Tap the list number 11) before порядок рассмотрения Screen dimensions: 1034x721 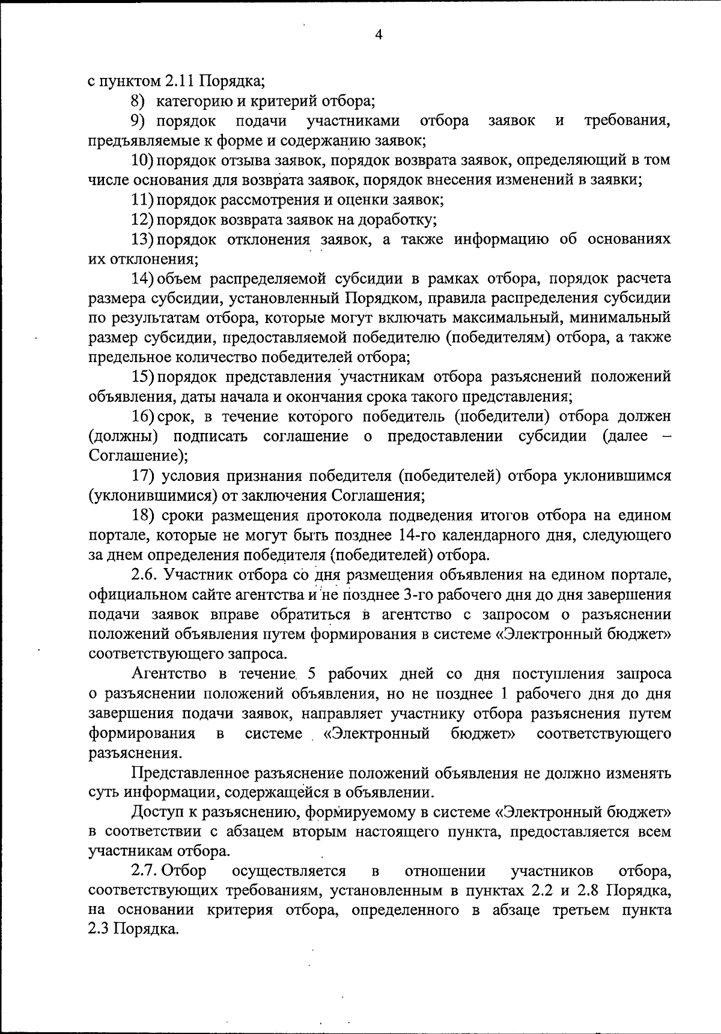(x=142, y=199)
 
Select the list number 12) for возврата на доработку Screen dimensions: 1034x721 (x=142, y=219)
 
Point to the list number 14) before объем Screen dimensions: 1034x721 (x=142, y=279)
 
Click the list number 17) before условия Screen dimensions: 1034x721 (x=143, y=476)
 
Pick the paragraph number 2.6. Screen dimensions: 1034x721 (x=145, y=575)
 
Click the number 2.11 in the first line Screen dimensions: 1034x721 (x=180, y=81)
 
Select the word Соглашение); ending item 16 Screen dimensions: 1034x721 (x=138, y=456)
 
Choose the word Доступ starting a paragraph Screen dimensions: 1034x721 (x=158, y=812)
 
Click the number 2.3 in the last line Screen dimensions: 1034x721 (x=99, y=930)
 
